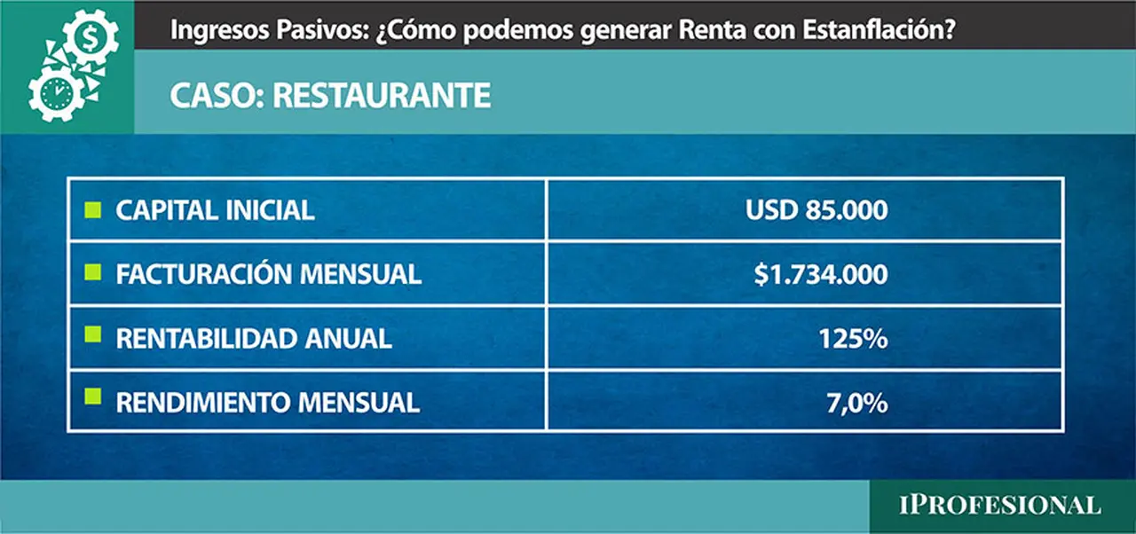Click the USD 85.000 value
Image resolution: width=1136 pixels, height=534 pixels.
816,210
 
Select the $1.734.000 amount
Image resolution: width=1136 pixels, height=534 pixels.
821,275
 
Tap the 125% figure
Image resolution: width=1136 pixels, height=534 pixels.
853,339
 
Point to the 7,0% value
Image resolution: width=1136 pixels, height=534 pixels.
857,404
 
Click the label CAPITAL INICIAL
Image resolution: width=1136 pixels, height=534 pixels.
215,210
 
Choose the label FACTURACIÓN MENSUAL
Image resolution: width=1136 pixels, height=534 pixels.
268,274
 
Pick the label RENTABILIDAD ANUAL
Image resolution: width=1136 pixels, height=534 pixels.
254,339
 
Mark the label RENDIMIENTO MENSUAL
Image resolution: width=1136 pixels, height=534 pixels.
267,403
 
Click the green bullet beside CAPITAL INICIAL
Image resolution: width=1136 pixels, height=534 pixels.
93,209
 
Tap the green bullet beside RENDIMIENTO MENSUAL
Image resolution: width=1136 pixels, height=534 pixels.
93,397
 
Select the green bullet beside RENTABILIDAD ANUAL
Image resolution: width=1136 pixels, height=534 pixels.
93,334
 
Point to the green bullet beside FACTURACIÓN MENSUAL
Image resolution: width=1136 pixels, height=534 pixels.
93,272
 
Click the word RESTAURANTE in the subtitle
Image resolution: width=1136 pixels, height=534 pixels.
382,95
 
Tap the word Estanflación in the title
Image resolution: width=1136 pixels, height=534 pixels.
879,30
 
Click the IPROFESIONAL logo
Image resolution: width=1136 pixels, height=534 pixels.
999,506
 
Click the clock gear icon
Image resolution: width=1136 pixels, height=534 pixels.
56,94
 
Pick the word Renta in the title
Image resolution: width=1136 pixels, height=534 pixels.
712,30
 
